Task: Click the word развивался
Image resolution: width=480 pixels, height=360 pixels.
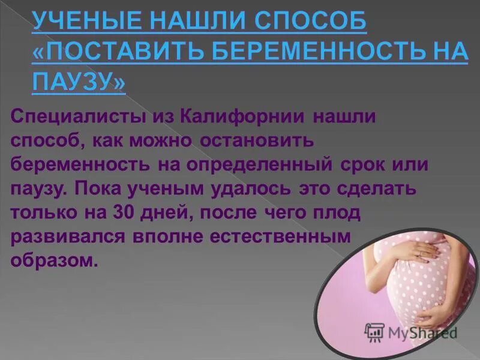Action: pos(67,237)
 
